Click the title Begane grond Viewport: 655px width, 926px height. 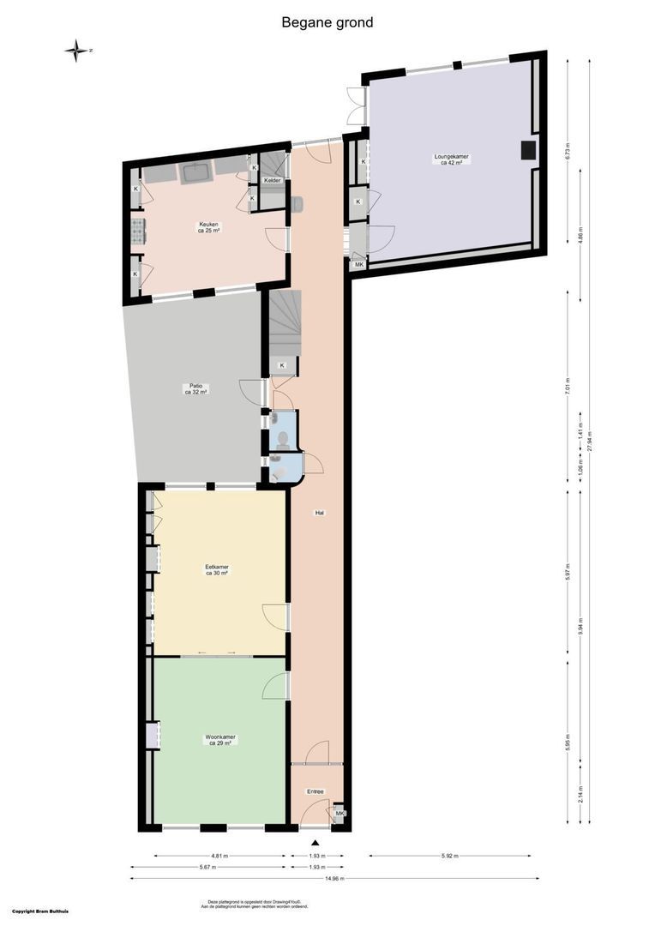pyautogui.click(x=327, y=23)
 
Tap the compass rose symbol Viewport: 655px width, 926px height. pyautogui.click(x=77, y=51)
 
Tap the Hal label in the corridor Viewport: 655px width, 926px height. pyautogui.click(x=319, y=513)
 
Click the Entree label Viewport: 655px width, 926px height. pyautogui.click(x=315, y=791)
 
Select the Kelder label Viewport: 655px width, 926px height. pyautogui.click(x=272, y=180)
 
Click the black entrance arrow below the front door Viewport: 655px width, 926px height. pyautogui.click(x=315, y=844)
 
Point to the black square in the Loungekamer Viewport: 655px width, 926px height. pyautogui.click(x=528, y=151)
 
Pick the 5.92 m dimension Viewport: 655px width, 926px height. pyautogui.click(x=449, y=856)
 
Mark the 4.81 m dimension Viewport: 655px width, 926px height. pyautogui.click(x=219, y=856)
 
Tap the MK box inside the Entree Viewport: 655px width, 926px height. pyautogui.click(x=340, y=813)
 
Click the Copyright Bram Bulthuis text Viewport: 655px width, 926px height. pyautogui.click(x=40, y=911)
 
